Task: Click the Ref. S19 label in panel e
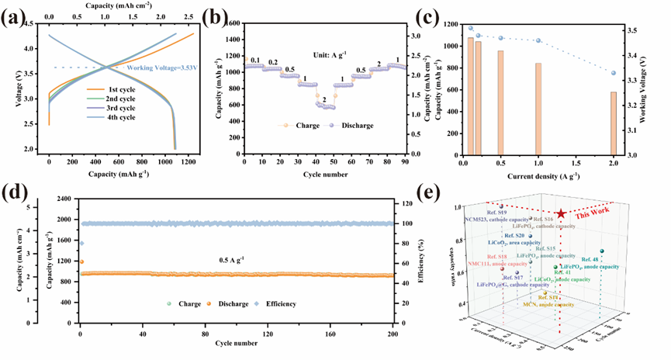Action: pos(496,211)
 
